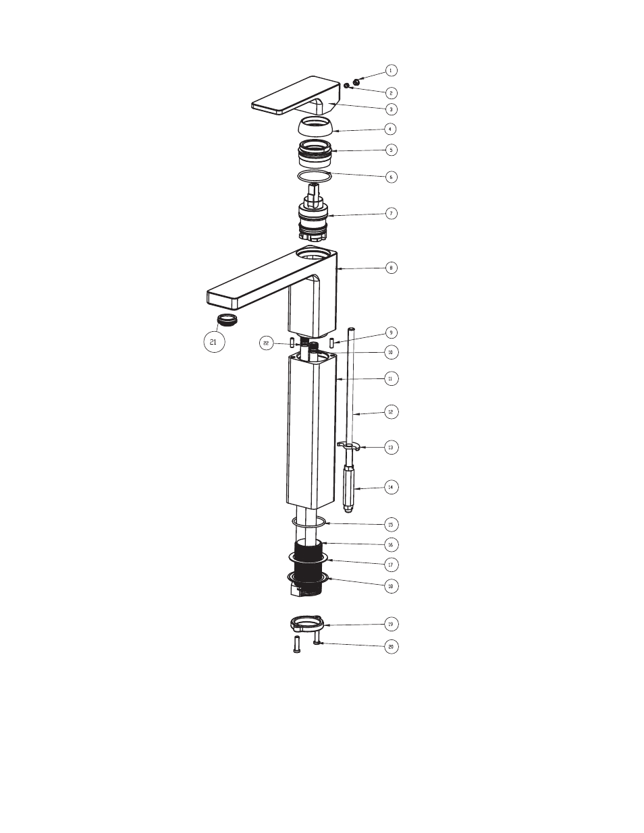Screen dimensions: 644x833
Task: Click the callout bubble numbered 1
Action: tap(391, 71)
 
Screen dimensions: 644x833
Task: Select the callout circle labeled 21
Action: tap(214, 341)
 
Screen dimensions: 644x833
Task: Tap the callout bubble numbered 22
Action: tap(266, 343)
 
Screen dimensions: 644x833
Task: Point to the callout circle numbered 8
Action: tap(391, 268)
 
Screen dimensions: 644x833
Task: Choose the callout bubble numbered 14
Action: tap(391, 487)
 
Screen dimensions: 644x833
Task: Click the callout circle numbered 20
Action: tap(391, 647)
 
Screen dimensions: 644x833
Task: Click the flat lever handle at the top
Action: tap(296, 96)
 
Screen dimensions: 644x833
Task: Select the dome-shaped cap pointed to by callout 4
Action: tap(315, 127)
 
